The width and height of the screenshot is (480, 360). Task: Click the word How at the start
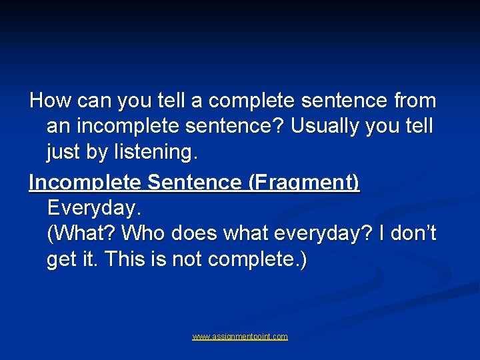(51, 101)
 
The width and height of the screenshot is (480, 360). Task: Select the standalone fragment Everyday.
(94, 208)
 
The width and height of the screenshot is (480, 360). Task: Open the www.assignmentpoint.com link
(240, 337)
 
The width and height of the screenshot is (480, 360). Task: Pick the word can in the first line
(95, 101)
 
